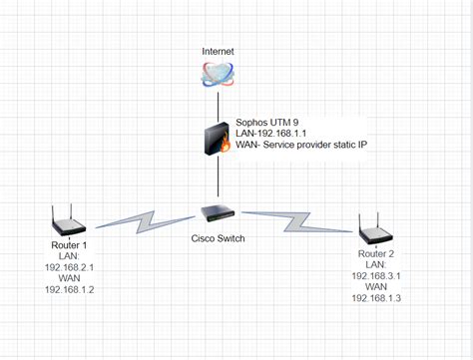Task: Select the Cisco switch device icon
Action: pos(219,212)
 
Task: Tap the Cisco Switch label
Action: pos(219,237)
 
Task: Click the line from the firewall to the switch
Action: pos(218,180)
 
